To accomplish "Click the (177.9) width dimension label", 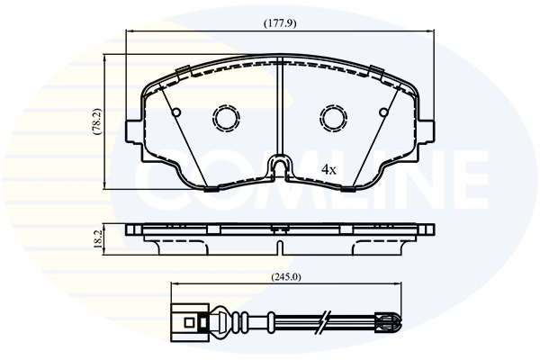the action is coord(280,23).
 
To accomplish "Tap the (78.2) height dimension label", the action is coord(97,121).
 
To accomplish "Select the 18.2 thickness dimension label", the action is coord(98,239).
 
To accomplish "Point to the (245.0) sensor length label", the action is coord(286,276).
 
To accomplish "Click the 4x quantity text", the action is coord(328,169).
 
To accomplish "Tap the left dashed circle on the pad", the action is coord(226,118).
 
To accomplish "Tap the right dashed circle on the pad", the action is coord(334,118).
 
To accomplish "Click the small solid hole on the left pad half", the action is coord(176,112).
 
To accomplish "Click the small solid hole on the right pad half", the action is coord(383,112).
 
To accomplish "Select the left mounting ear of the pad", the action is coord(133,131).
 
